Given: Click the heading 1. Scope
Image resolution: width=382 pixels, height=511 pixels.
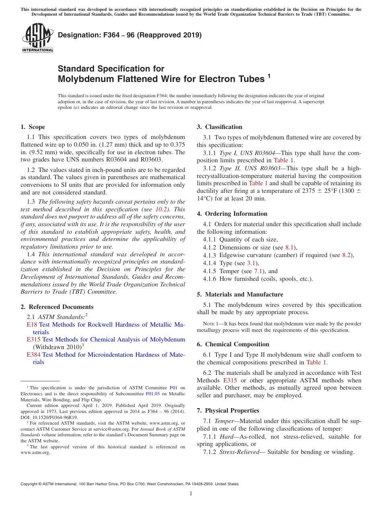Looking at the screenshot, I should click(33, 127).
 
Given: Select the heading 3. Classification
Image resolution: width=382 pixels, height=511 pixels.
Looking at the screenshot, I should click(220, 127).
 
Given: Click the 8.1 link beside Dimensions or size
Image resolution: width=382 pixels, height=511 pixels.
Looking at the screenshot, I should click(290, 247).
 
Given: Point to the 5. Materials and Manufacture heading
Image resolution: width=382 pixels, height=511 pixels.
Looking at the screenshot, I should click(240, 294).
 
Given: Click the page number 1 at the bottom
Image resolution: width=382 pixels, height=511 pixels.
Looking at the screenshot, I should click(191, 493).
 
